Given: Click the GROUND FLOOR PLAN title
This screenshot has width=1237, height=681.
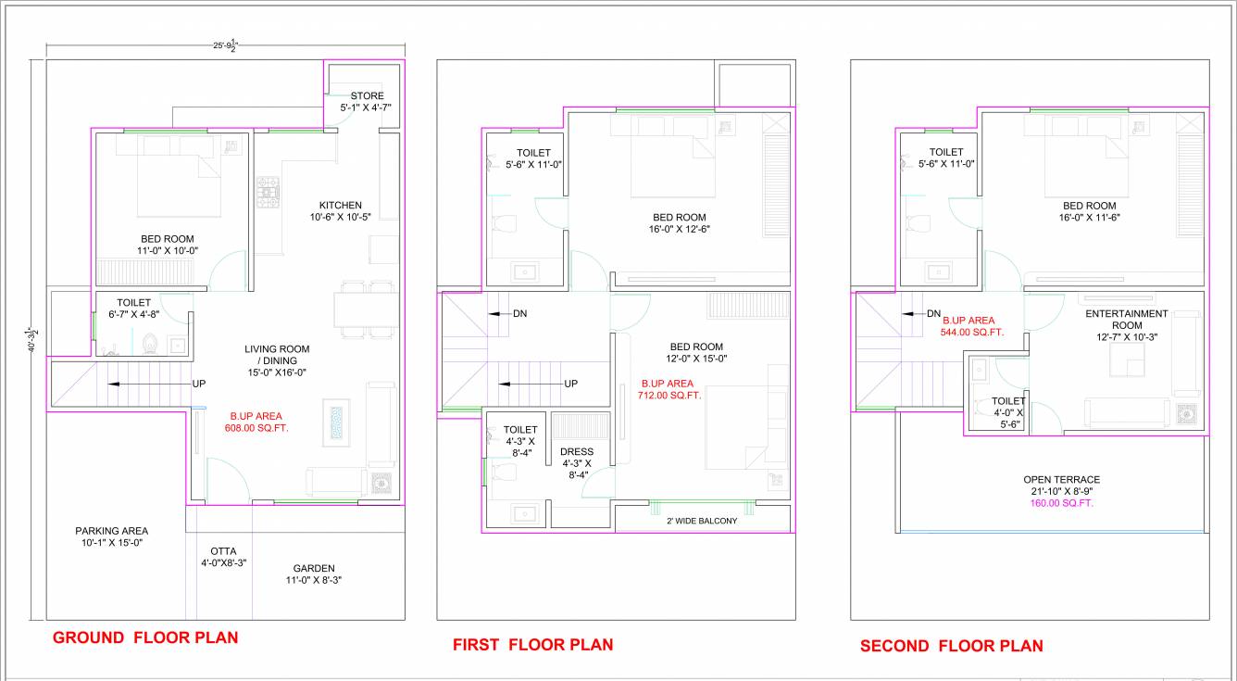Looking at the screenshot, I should (x=145, y=637).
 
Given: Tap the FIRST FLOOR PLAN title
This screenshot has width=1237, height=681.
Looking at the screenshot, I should (x=532, y=645).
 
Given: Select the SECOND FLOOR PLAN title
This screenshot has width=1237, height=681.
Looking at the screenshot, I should (x=951, y=646).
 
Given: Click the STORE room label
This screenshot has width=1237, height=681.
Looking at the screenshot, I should (x=367, y=96).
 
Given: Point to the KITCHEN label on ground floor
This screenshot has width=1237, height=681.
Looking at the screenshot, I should (x=341, y=206).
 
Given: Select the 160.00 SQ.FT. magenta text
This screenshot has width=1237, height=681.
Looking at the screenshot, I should (x=1061, y=503).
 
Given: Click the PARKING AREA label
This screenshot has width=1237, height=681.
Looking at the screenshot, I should (x=111, y=531).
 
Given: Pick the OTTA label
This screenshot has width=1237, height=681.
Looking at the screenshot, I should (x=223, y=550).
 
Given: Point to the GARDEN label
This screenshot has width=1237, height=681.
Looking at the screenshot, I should (x=314, y=568).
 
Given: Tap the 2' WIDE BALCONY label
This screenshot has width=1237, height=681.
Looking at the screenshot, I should (x=702, y=521).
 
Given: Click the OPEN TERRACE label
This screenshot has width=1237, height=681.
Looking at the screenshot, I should (x=1061, y=480).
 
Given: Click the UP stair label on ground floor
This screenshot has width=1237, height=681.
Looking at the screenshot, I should (x=199, y=384).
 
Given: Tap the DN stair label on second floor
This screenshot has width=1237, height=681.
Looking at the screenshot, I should (x=933, y=314).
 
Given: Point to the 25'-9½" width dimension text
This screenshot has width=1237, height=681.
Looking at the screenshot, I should (x=226, y=44).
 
